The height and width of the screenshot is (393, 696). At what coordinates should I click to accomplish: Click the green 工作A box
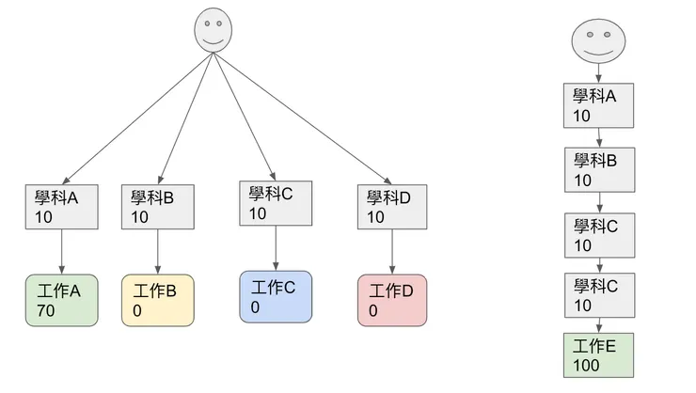point(61,299)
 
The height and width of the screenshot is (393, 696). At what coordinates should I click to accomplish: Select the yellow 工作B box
point(157,299)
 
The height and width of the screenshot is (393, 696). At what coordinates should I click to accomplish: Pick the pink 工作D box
point(392,300)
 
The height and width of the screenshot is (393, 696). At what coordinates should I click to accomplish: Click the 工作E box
point(599,355)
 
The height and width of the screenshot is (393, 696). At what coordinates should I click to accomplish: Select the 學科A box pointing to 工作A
point(61,207)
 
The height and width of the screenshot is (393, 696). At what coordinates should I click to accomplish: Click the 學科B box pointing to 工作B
point(157,207)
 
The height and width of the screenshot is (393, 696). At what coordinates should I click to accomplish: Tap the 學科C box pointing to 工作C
point(276,204)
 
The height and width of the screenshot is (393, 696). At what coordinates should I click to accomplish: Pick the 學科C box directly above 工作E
point(599,295)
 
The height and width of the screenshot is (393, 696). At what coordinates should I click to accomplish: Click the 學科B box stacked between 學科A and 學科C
point(599,169)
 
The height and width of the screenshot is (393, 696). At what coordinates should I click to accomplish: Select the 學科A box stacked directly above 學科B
point(599,106)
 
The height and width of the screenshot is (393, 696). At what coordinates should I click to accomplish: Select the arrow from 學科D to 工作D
point(392,252)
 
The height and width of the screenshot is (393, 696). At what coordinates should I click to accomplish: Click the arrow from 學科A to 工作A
point(61,251)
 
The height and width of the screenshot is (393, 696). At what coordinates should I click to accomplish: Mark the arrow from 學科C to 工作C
point(276,248)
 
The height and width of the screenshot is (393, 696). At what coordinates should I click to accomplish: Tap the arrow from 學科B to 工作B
point(157,251)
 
